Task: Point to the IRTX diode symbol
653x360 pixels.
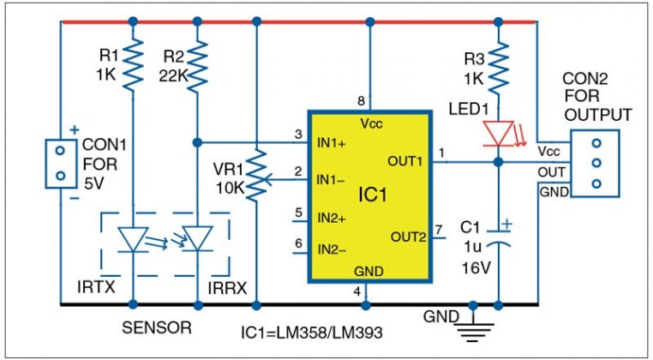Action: click(133, 239)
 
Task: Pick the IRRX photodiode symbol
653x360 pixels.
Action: click(197, 239)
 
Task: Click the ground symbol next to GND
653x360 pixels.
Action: click(471, 321)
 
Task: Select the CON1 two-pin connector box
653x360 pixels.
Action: click(60, 162)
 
